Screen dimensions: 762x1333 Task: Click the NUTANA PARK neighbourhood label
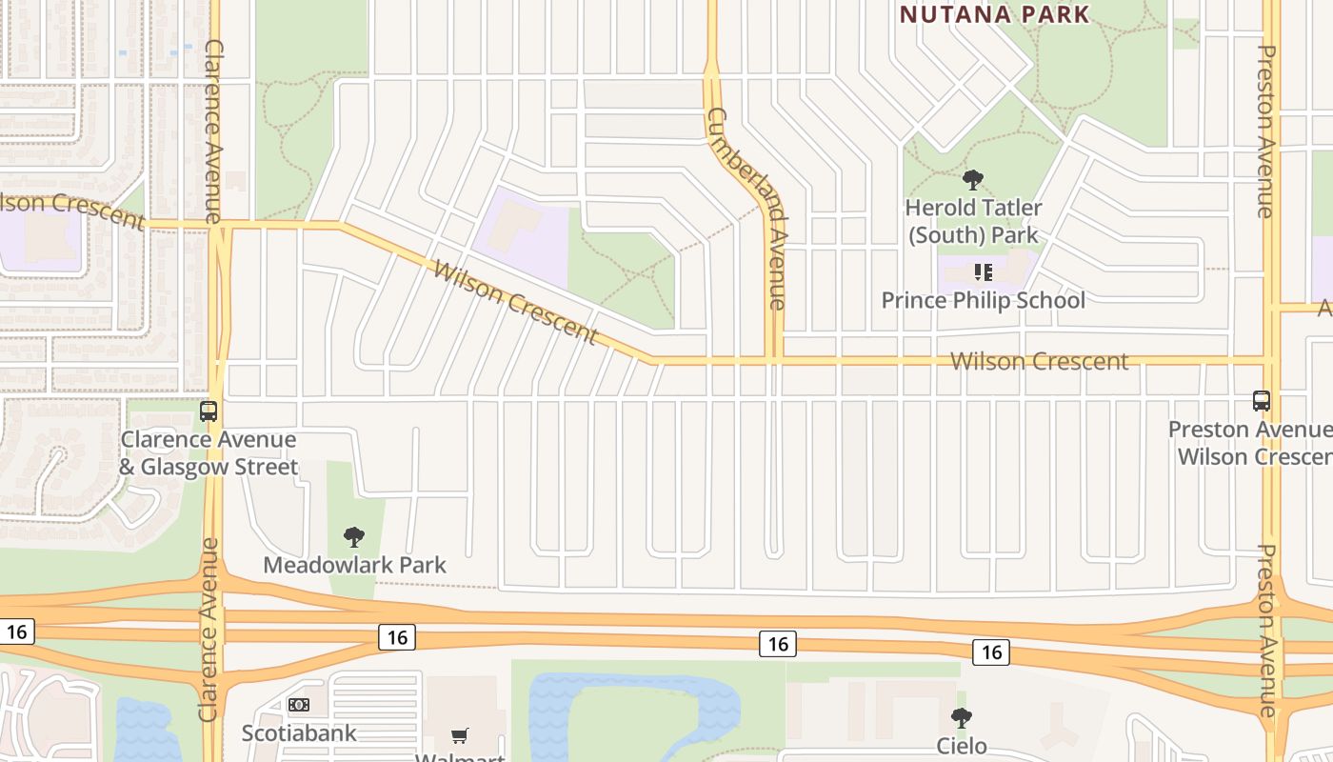(x=994, y=14)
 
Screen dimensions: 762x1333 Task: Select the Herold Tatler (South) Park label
(x=973, y=221)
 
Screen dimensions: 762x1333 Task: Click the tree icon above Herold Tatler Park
(x=972, y=179)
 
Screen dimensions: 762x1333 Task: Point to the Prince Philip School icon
(x=984, y=272)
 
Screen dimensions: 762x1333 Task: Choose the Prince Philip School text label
(x=983, y=300)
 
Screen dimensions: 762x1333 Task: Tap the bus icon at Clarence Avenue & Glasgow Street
(x=209, y=411)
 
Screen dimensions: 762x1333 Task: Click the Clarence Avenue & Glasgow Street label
(x=209, y=453)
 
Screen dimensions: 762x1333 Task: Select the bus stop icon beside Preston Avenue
(x=1262, y=401)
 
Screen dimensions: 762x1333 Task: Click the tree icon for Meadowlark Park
(x=354, y=537)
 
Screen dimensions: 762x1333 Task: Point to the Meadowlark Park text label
(x=354, y=565)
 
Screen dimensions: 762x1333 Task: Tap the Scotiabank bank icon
(x=298, y=705)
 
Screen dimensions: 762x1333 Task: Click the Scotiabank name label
(x=299, y=732)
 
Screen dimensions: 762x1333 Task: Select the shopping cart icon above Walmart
(x=460, y=735)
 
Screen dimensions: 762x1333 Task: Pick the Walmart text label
(x=461, y=756)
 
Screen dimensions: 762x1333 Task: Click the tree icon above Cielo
(x=962, y=717)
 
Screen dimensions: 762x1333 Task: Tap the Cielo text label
(x=962, y=745)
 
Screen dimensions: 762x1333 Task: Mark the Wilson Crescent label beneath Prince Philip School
(x=1039, y=362)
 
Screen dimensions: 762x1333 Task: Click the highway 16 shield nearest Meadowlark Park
(x=397, y=636)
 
